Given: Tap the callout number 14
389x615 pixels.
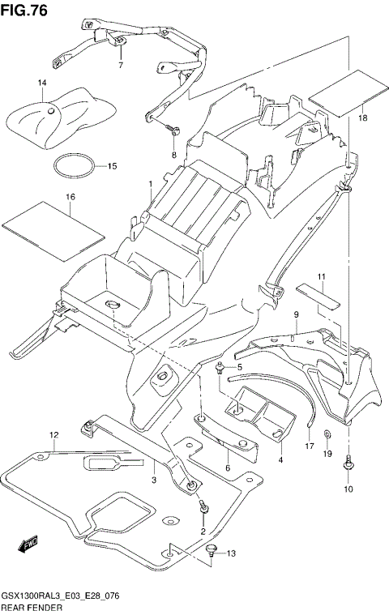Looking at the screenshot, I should coord(42,83).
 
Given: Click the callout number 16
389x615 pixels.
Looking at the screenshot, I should coord(71,197).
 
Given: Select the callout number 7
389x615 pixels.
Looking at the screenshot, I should coord(120,64).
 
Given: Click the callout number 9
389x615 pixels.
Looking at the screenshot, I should coord(297,314).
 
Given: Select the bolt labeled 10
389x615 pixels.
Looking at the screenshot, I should coord(348,465).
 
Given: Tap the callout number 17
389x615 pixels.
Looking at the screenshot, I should coord(309,446).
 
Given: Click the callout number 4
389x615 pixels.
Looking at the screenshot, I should coord(280,460).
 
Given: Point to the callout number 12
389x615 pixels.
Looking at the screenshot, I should coord(53,435).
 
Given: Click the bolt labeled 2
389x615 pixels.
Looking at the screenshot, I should coord(203,507).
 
